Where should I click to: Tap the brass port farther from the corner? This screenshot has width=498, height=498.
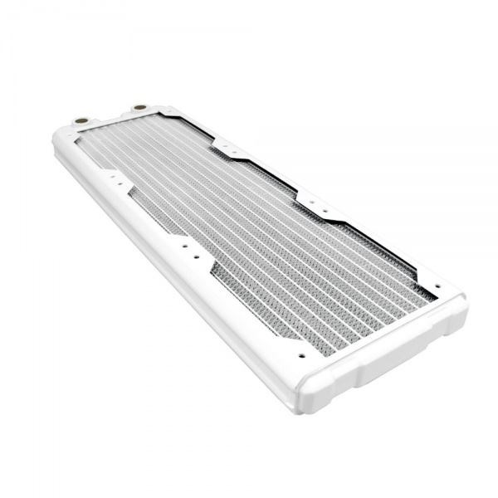pos(139,108)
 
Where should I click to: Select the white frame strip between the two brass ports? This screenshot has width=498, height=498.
pos(110,117)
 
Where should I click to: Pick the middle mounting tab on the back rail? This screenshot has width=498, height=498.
pos(317,205)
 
